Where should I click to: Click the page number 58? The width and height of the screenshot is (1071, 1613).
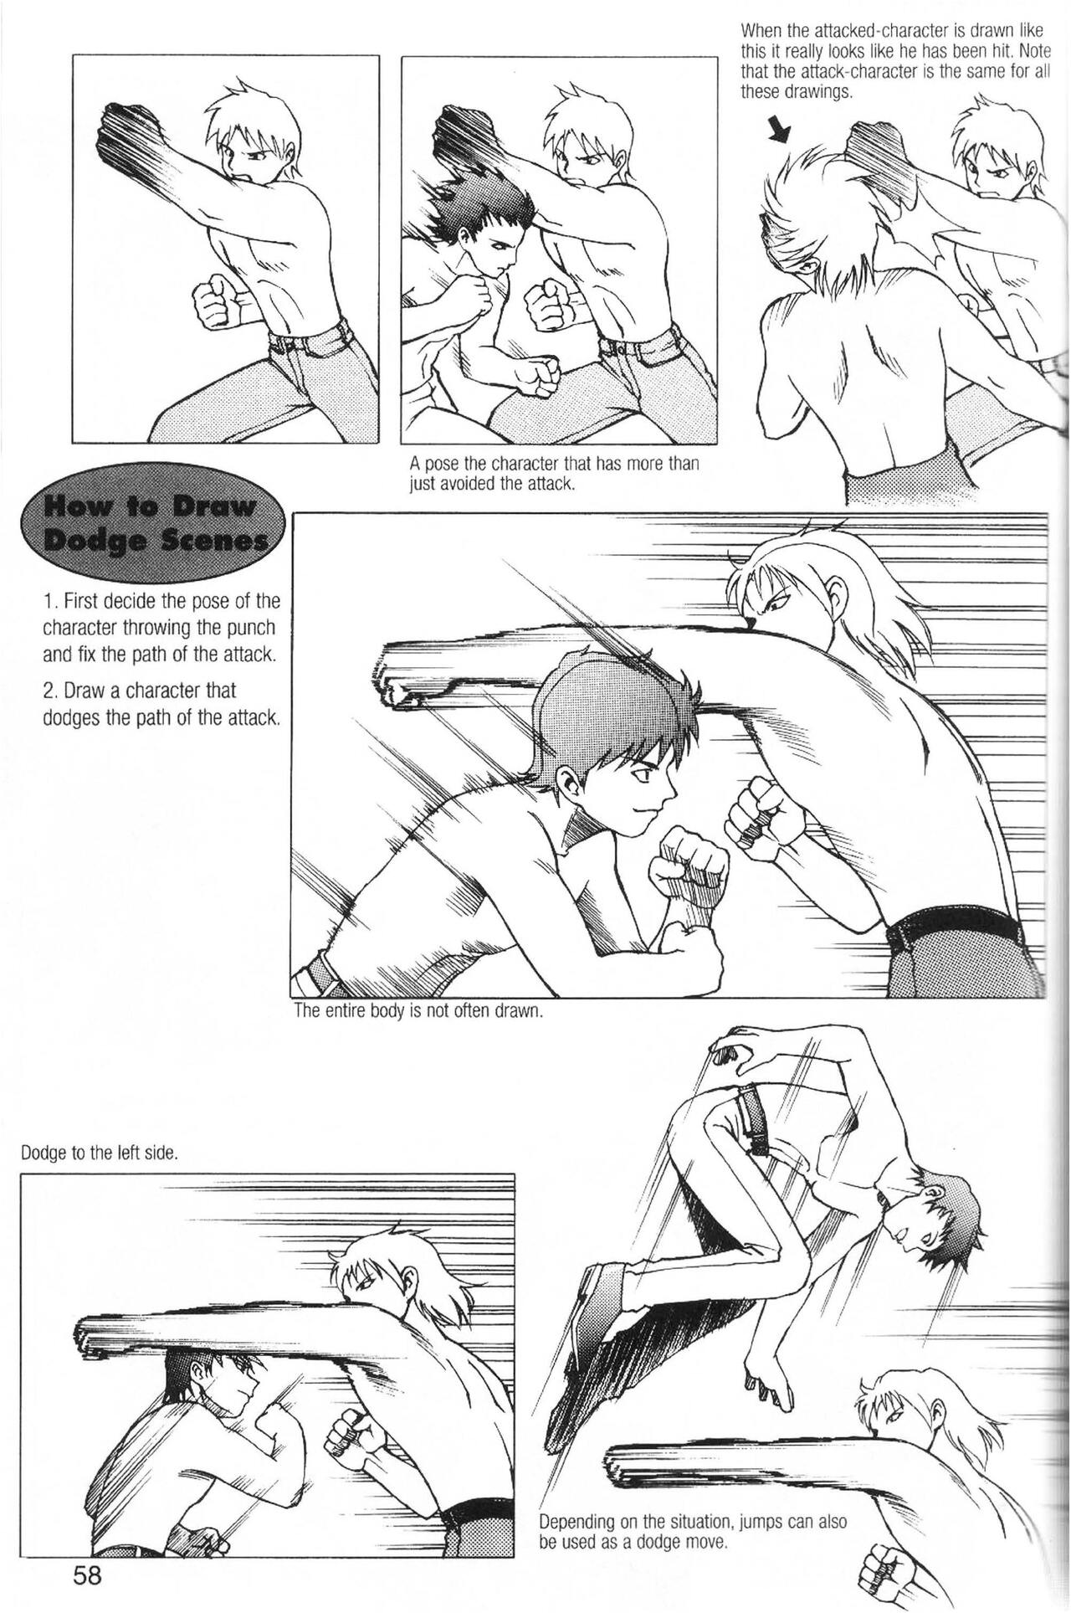[x=87, y=1576]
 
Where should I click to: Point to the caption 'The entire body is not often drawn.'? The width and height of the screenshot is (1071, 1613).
[x=419, y=1010]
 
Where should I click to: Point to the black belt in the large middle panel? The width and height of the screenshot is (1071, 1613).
[x=954, y=928]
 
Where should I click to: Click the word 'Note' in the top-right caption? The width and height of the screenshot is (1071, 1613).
[x=1034, y=51]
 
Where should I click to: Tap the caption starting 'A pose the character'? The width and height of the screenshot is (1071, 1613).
[x=554, y=474]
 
